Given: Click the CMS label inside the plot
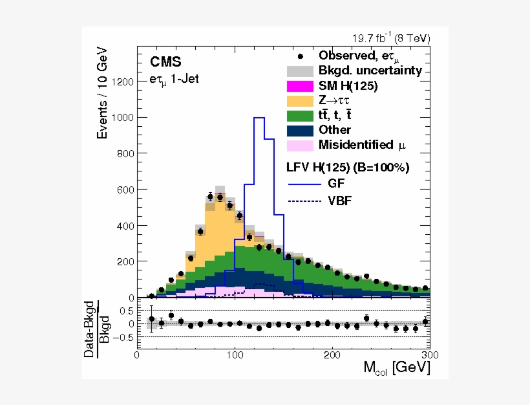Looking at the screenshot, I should (165, 62).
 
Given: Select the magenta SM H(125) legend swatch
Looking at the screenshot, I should (300, 85).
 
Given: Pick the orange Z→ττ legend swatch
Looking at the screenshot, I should (300, 100).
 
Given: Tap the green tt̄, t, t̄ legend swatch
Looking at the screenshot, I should (300, 115).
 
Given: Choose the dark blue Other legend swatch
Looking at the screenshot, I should (300, 130).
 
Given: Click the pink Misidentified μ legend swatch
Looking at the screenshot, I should (300, 145).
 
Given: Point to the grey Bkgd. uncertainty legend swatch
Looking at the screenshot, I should (300, 71).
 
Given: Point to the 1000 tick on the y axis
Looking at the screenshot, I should (123, 118).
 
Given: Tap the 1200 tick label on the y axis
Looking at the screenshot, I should (123, 82).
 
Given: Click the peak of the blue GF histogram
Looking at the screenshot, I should (259, 118).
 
